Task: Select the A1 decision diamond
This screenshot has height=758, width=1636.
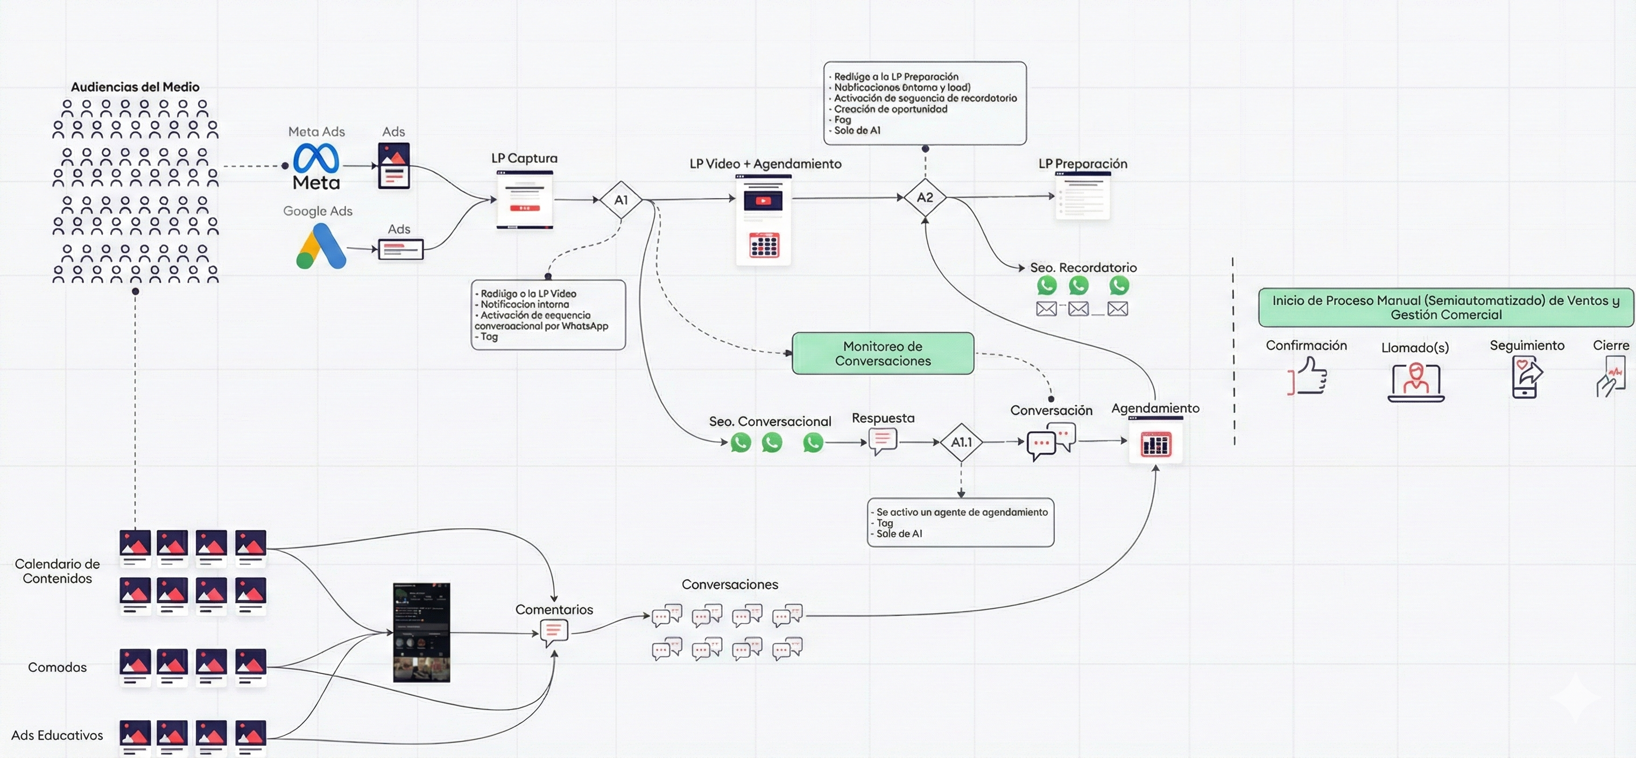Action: (620, 200)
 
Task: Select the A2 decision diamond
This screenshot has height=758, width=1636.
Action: (925, 198)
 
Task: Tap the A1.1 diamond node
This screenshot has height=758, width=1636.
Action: (961, 442)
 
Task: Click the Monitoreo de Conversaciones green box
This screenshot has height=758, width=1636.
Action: (883, 353)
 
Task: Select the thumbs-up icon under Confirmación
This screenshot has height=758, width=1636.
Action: (1308, 376)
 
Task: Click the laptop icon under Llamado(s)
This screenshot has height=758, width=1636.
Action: (1415, 382)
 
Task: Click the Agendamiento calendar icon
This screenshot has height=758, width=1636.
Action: (1155, 443)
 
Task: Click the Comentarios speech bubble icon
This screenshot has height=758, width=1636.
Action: (554, 633)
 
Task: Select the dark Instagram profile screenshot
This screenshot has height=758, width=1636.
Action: (422, 633)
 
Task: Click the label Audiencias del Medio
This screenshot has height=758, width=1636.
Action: (135, 87)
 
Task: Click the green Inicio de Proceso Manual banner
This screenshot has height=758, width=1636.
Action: (1445, 307)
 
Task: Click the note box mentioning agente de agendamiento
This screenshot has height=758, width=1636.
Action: (960, 522)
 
